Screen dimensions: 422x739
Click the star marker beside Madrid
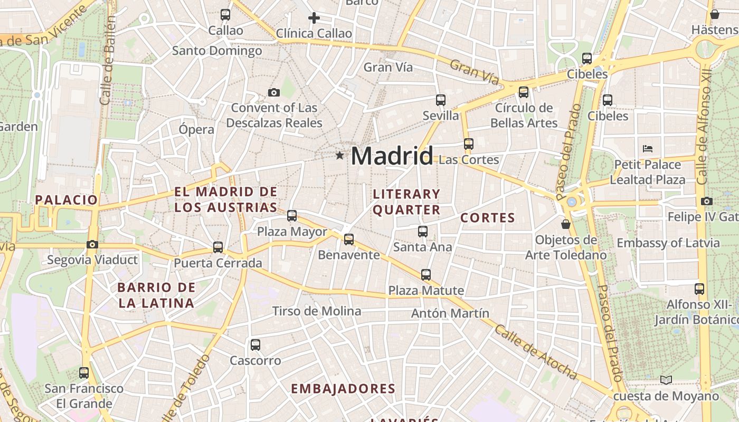point(339,156)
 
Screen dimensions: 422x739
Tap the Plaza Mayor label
point(292,232)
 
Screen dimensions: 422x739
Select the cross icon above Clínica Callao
point(314,18)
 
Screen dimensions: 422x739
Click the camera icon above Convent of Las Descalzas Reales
point(274,93)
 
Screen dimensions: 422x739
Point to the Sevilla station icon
point(441,100)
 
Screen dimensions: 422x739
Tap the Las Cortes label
point(469,159)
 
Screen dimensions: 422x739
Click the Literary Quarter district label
point(406,202)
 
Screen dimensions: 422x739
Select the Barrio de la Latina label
point(156,295)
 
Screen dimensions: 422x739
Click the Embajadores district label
point(343,389)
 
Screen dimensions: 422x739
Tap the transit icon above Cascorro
point(255,345)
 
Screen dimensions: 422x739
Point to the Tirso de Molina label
point(317,311)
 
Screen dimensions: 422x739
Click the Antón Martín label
point(450,313)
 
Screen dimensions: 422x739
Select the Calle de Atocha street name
point(536,352)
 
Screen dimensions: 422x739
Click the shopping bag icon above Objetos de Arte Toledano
point(566,224)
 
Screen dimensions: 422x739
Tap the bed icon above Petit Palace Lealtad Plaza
point(648,149)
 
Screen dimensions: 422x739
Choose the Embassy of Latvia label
point(668,243)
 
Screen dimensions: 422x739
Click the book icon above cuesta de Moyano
point(666,380)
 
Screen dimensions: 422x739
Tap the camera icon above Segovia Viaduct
point(92,244)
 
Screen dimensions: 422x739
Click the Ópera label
point(196,130)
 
